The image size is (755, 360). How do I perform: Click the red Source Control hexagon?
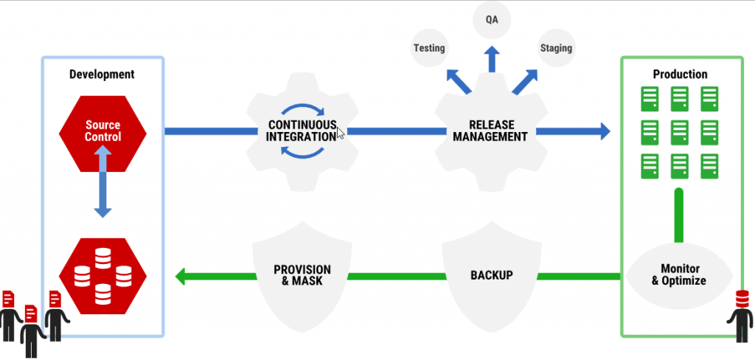tap(102, 131)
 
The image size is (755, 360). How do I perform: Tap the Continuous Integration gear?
tap(302, 131)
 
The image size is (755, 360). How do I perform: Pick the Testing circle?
tap(428, 48)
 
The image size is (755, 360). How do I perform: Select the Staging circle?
tap(556, 48)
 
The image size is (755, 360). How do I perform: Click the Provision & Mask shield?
tap(302, 276)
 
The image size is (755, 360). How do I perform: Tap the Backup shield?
tap(491, 276)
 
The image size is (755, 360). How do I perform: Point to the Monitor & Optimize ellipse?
tap(679, 274)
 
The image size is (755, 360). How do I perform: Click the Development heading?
tap(102, 74)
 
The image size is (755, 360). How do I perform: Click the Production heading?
tap(680, 74)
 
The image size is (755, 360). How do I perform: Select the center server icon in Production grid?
tap(680, 132)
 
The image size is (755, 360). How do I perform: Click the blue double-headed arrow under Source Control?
tap(102, 181)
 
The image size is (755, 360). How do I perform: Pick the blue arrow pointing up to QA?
tap(492, 59)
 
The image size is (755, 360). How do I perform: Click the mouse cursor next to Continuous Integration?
tap(341, 134)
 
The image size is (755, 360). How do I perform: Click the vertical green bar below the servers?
tap(679, 214)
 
